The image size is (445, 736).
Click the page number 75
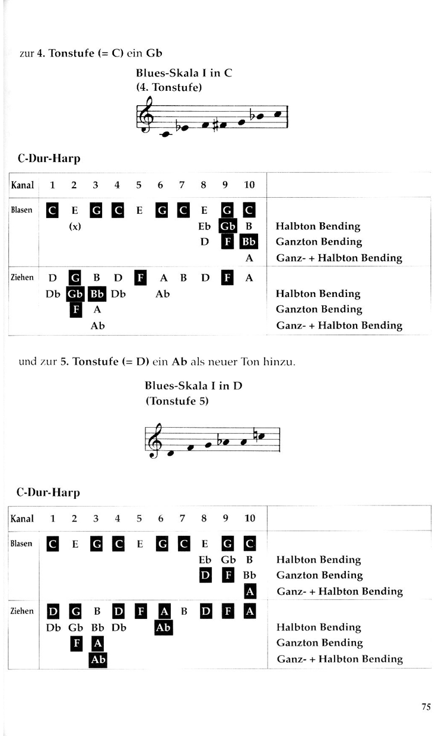pyautogui.click(x=426, y=706)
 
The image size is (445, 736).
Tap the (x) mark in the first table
pyautogui.click(x=75, y=226)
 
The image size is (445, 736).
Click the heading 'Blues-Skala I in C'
pyautogui.click(x=184, y=72)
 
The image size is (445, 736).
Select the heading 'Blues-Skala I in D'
pyautogui.click(x=193, y=386)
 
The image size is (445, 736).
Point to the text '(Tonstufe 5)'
pyautogui.click(x=177, y=401)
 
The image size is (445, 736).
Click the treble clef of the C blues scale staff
pyautogui.click(x=145, y=114)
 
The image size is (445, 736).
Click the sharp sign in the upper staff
pyautogui.click(x=215, y=125)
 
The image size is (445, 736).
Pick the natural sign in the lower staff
pyautogui.click(x=255, y=434)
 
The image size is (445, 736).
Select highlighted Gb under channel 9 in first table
pyautogui.click(x=227, y=226)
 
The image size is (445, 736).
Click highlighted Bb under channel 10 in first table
pyautogui.click(x=249, y=242)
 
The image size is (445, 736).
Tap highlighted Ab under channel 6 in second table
pyautogui.click(x=163, y=627)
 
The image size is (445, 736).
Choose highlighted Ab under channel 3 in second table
pyautogui.click(x=98, y=659)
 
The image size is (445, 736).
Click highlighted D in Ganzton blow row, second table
pyautogui.click(x=205, y=576)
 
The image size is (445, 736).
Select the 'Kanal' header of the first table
pyautogui.click(x=23, y=185)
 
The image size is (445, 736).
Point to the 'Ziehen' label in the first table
pyautogui.click(x=22, y=277)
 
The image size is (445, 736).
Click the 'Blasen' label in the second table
pyautogui.click(x=21, y=544)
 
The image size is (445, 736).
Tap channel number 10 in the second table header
pyautogui.click(x=250, y=518)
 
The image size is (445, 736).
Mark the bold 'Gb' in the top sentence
pyautogui.click(x=154, y=53)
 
